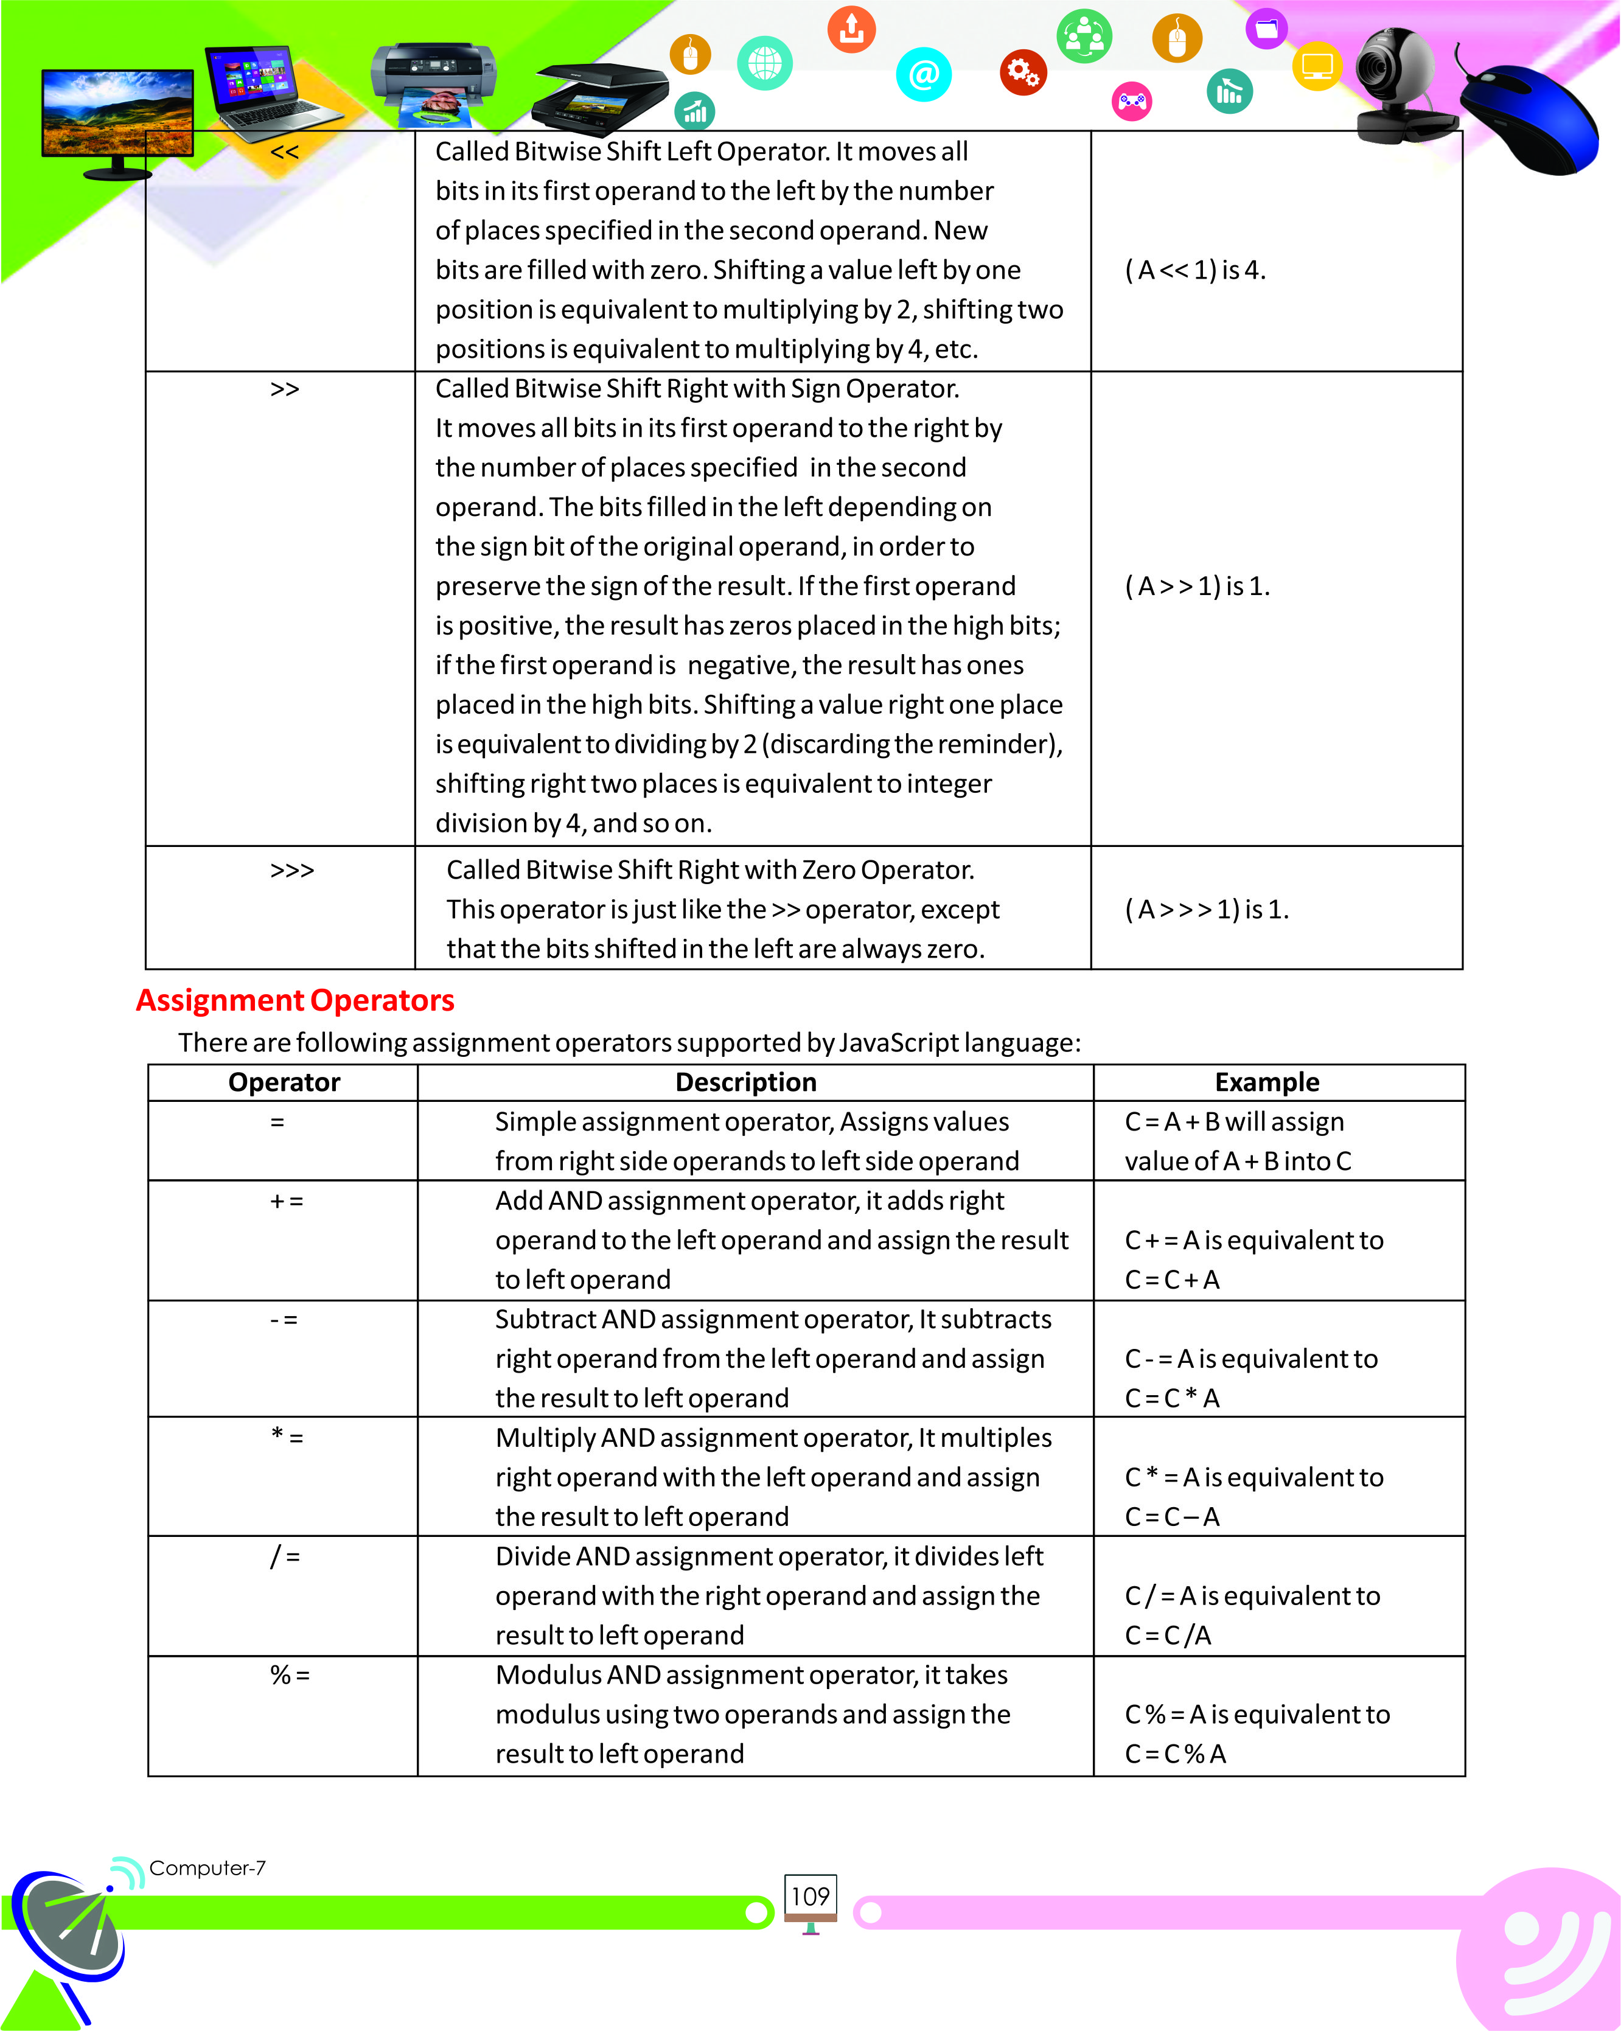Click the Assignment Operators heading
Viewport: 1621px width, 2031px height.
coord(295,1000)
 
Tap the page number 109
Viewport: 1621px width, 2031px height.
coord(810,1897)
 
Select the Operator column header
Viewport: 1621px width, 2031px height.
coord(284,1082)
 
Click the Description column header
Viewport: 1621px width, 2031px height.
coord(746,1082)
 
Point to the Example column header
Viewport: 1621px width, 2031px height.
coord(1267,1082)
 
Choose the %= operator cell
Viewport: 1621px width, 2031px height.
coord(289,1675)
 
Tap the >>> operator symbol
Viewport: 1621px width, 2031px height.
coord(292,871)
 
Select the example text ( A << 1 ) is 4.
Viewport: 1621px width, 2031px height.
coord(1195,270)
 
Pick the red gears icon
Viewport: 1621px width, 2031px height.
coord(1023,72)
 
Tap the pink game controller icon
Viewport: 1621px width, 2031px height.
coord(1132,101)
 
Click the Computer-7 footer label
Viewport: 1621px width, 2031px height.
coord(207,1867)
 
